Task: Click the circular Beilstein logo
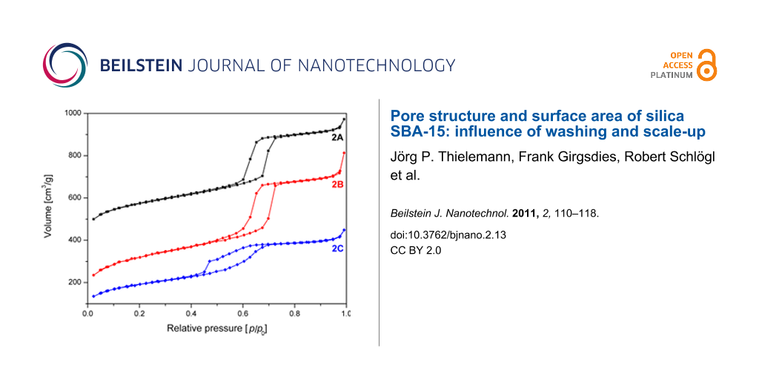point(65,65)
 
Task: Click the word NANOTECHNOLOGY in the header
point(376,65)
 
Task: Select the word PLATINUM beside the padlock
point(672,75)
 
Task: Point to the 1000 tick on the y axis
point(72,114)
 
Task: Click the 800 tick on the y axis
point(75,156)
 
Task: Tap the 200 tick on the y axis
point(75,283)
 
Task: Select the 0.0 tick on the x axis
point(87,314)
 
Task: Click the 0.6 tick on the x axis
point(242,314)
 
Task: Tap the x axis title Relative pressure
point(215,328)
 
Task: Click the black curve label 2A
point(337,138)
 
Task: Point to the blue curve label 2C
point(337,248)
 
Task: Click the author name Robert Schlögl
point(654,157)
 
